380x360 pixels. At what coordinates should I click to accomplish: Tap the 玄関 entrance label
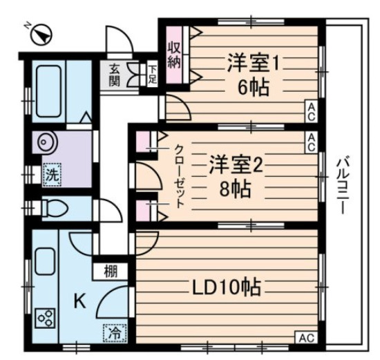coord(113,76)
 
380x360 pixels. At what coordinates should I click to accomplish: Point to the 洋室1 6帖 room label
coord(252,75)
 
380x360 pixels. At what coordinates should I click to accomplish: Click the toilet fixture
coord(52,207)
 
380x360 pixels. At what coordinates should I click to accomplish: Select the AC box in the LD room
coord(304,338)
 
